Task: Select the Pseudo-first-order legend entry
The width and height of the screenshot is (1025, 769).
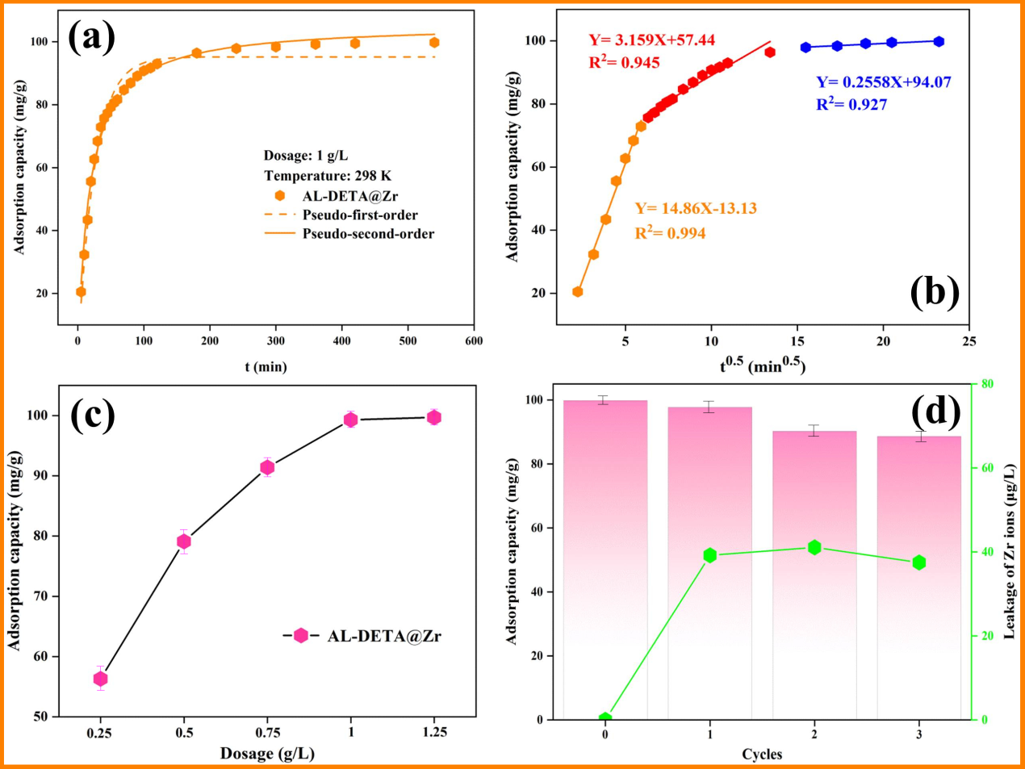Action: [360, 215]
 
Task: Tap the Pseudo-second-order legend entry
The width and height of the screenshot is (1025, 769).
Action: [368, 234]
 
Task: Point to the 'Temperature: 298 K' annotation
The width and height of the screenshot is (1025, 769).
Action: [327, 175]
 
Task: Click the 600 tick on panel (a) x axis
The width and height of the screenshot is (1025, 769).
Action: [474, 341]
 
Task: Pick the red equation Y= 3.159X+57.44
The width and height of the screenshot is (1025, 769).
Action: [651, 40]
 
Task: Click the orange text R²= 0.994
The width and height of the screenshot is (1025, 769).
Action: [670, 233]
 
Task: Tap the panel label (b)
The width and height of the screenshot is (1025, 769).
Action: [935, 291]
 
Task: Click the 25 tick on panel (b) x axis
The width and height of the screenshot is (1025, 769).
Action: [969, 341]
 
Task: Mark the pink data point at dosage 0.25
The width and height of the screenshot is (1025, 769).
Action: [100, 679]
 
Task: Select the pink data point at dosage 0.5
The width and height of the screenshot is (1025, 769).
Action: [184, 541]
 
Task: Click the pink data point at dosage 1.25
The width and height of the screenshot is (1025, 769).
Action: [434, 417]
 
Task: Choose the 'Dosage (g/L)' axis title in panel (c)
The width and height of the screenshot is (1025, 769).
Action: [267, 754]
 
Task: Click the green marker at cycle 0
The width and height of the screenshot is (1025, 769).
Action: [605, 718]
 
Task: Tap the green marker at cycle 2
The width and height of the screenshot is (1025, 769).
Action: [814, 548]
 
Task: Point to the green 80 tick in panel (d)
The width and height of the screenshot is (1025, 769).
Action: [985, 384]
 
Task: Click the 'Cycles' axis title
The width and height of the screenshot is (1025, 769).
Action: [762, 754]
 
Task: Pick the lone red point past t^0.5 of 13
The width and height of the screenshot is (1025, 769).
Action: [770, 52]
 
